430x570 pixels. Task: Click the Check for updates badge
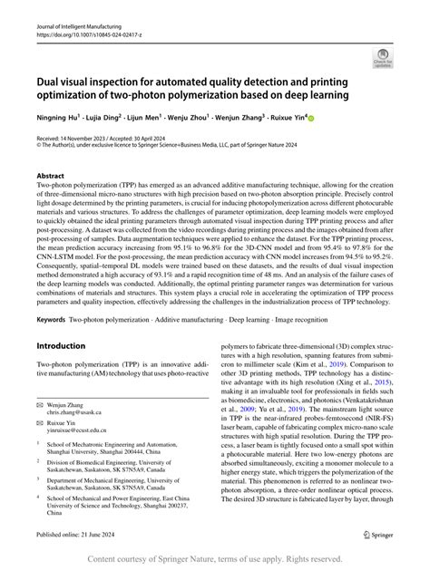[x=402, y=59]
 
